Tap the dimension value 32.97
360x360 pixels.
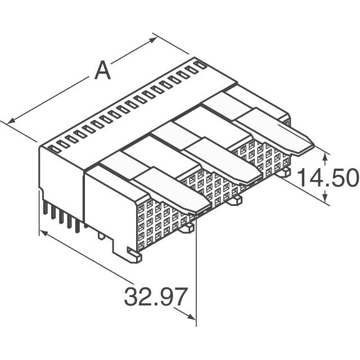(155, 296)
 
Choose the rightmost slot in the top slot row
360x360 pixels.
(198, 65)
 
